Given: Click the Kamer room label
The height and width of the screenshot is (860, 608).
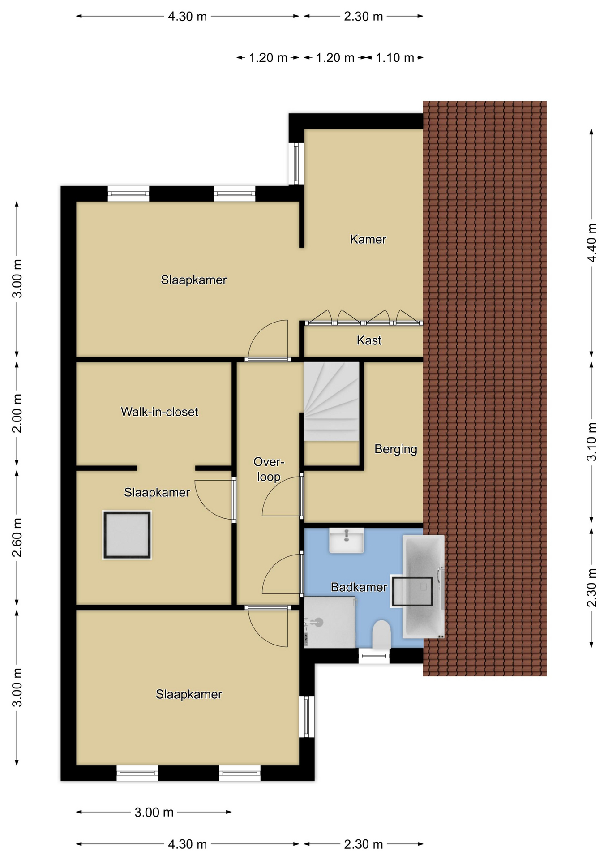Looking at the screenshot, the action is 368,239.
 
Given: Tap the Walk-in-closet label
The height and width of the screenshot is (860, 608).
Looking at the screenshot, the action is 159,412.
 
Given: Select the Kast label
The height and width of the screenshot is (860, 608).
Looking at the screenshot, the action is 369,340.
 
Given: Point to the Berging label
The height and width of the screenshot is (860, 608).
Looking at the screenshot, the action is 396,449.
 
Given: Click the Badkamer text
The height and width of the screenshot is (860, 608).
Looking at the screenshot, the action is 359,587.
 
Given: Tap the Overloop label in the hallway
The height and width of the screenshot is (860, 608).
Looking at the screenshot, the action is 269,469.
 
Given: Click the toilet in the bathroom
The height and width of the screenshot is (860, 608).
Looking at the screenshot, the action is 381,634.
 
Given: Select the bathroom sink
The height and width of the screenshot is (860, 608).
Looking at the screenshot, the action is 347,540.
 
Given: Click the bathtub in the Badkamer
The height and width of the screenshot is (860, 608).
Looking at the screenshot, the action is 424,586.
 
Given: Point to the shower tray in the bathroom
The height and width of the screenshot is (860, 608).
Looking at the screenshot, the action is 330,622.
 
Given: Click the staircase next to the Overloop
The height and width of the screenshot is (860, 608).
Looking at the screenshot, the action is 331,401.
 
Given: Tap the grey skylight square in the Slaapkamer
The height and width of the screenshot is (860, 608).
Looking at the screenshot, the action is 127,535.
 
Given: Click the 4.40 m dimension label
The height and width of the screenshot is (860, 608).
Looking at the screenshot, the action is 592,243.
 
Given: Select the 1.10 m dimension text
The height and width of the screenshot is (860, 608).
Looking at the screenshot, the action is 394,58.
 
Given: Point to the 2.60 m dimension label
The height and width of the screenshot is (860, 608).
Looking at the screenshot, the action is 17,537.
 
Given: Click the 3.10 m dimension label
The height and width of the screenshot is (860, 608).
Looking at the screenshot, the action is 592,442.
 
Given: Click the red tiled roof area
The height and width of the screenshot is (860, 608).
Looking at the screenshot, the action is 485,388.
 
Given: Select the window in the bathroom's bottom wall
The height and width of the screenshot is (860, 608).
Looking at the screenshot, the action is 374,656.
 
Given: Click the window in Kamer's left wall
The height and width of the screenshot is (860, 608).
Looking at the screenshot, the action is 296,163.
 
